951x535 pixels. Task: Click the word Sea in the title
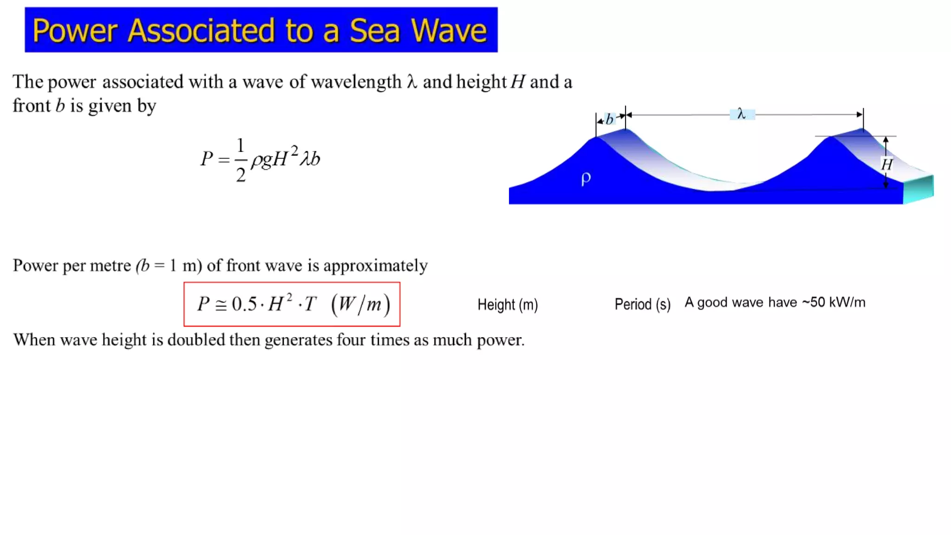[374, 31]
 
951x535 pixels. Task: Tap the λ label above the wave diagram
[742, 114]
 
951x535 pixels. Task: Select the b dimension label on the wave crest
[610, 119]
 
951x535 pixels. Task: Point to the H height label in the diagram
[886, 164]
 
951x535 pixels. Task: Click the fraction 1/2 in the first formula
[240, 160]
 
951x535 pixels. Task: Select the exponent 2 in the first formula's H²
[294, 150]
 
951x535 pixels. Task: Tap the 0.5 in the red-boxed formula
[244, 304]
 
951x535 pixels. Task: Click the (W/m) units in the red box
[360, 305]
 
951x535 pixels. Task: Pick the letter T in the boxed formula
[310, 305]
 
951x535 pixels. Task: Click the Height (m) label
[508, 305]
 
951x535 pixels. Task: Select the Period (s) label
[642, 304]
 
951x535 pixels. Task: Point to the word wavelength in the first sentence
[356, 82]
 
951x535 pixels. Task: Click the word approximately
[375, 266]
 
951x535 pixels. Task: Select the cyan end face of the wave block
[918, 189]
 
